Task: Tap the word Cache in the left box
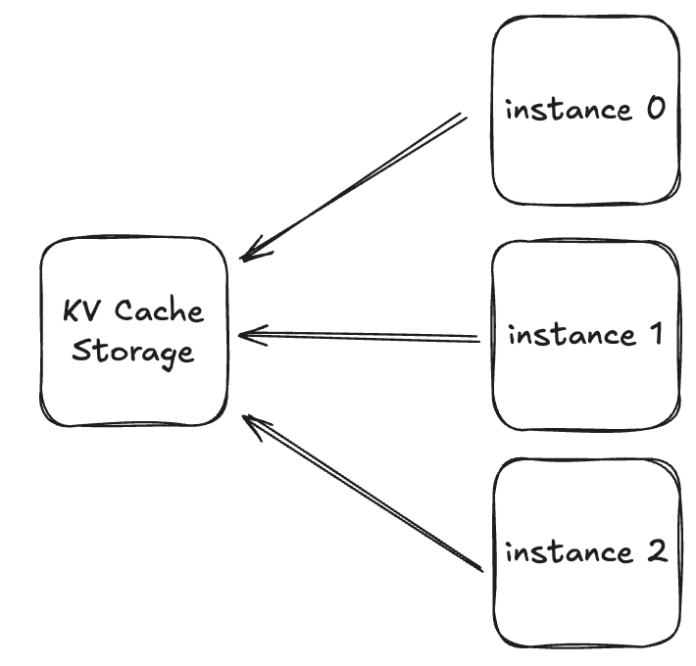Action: (160, 312)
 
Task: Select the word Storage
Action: (133, 352)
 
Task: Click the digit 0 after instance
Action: (655, 109)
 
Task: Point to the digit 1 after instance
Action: (655, 335)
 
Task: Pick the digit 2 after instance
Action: (655, 552)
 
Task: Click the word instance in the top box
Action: (568, 109)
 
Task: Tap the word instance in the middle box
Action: (571, 335)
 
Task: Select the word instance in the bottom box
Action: (568, 552)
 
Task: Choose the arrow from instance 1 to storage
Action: (363, 337)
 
